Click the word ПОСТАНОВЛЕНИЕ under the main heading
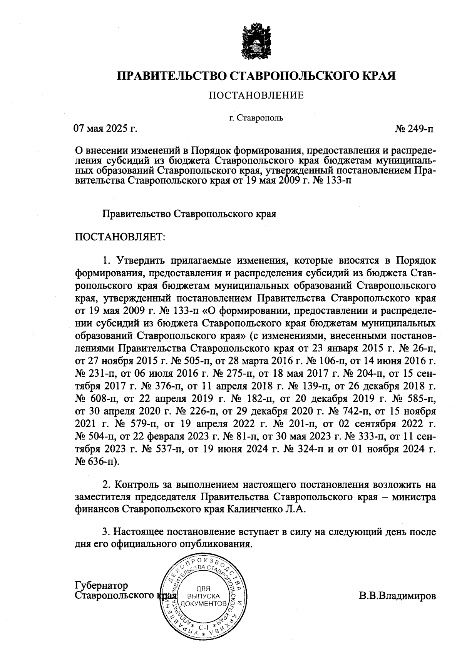point(256,95)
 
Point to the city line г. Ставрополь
point(256,118)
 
